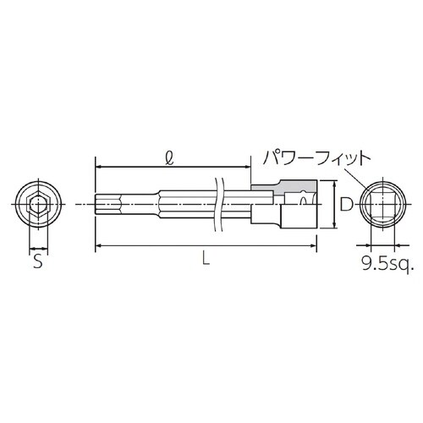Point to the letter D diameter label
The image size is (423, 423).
pos(345,205)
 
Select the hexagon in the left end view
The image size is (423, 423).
pos(36,205)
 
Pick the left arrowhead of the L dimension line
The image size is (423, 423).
pos(98,246)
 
